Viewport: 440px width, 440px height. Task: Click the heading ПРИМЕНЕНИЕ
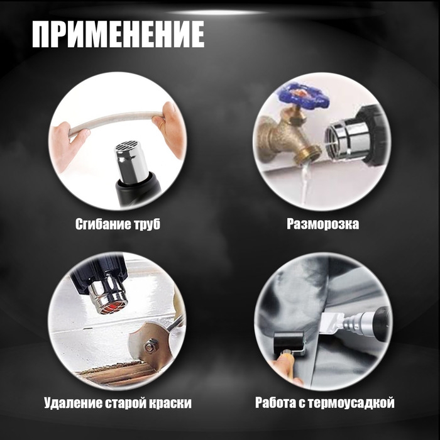point(118,35)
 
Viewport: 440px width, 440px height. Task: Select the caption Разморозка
point(322,224)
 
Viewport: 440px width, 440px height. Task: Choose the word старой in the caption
point(124,403)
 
